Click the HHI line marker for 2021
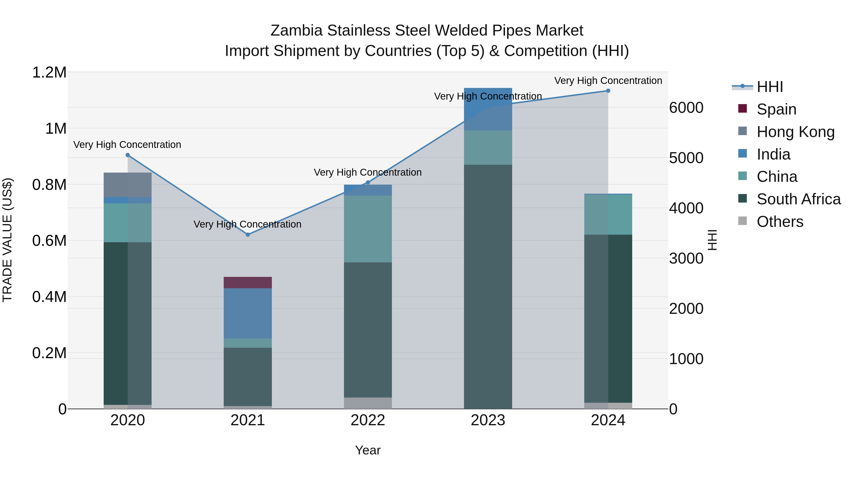(x=248, y=234)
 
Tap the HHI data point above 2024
(x=608, y=91)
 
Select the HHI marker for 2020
(x=128, y=155)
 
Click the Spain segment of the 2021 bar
(x=248, y=283)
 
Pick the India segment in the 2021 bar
(x=248, y=313)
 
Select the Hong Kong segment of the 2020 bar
(x=128, y=185)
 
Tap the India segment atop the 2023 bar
(x=488, y=109)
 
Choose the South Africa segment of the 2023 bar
(x=488, y=287)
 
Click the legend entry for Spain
(x=776, y=109)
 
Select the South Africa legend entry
(x=798, y=199)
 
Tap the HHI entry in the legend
(x=770, y=87)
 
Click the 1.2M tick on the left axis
(x=49, y=73)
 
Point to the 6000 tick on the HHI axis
(x=686, y=108)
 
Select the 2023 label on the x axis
(x=488, y=420)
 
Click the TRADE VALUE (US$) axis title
(x=8, y=240)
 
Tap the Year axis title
(x=368, y=450)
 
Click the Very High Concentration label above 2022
(x=368, y=172)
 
